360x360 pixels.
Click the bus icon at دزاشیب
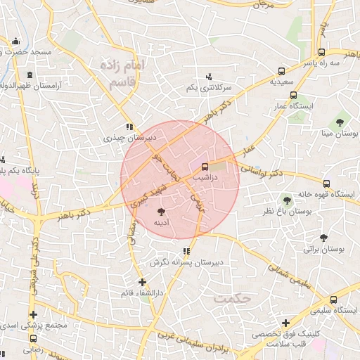tap(205, 167)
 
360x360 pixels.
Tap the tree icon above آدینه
tap(162, 211)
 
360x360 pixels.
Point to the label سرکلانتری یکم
tap(209, 88)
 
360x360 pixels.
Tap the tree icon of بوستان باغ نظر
tap(287, 200)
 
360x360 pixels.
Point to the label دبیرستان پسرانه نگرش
tap(186, 262)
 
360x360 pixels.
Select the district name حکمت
tap(234, 298)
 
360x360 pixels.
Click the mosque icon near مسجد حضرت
tap(15, 41)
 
